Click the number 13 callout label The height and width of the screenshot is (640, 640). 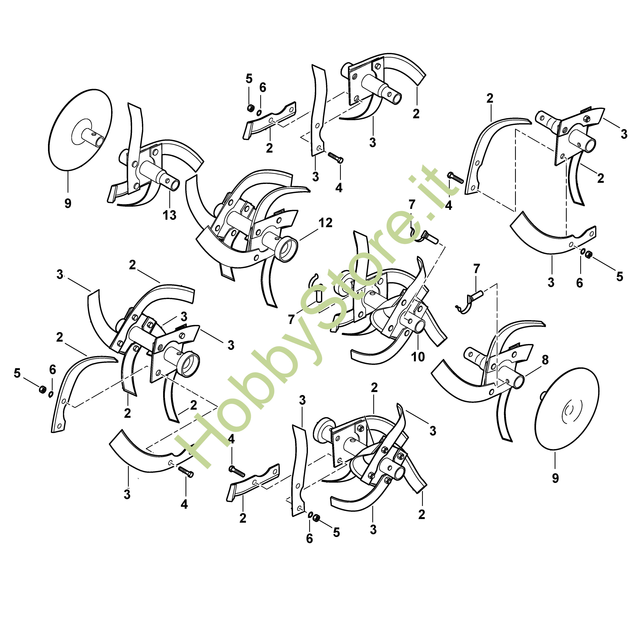[169, 215]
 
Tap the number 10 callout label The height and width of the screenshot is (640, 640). [418, 357]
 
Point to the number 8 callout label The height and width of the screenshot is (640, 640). [545, 360]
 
